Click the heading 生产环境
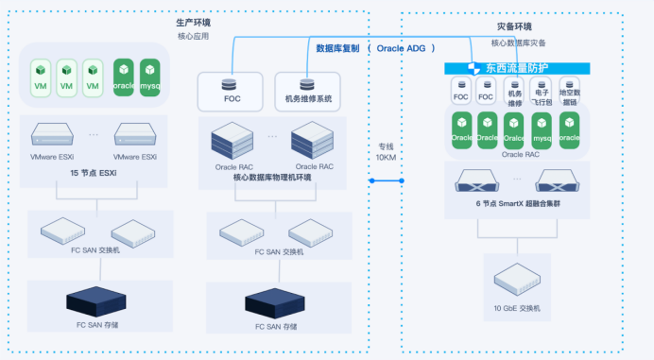[193, 21]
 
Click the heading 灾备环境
[513, 27]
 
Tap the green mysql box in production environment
[150, 75]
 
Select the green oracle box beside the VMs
[124, 75]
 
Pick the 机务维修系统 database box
[307, 90]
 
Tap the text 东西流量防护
[517, 68]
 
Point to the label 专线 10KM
[387, 151]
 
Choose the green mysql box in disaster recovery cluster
[542, 129]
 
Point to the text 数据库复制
[337, 47]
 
